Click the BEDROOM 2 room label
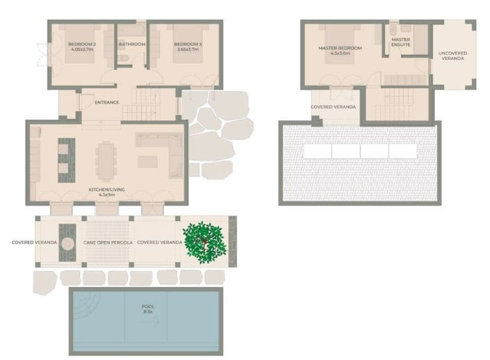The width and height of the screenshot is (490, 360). (81, 44)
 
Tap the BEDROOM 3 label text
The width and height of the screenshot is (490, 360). (188, 44)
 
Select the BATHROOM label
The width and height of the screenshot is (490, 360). (132, 44)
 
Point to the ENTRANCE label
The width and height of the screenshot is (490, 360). (107, 102)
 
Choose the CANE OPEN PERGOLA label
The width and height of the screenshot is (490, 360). (106, 243)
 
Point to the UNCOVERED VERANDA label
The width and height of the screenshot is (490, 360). (453, 56)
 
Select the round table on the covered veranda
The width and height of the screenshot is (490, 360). (68, 243)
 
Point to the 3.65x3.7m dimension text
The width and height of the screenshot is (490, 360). (188, 50)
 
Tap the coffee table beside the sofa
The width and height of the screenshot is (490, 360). (147, 162)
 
